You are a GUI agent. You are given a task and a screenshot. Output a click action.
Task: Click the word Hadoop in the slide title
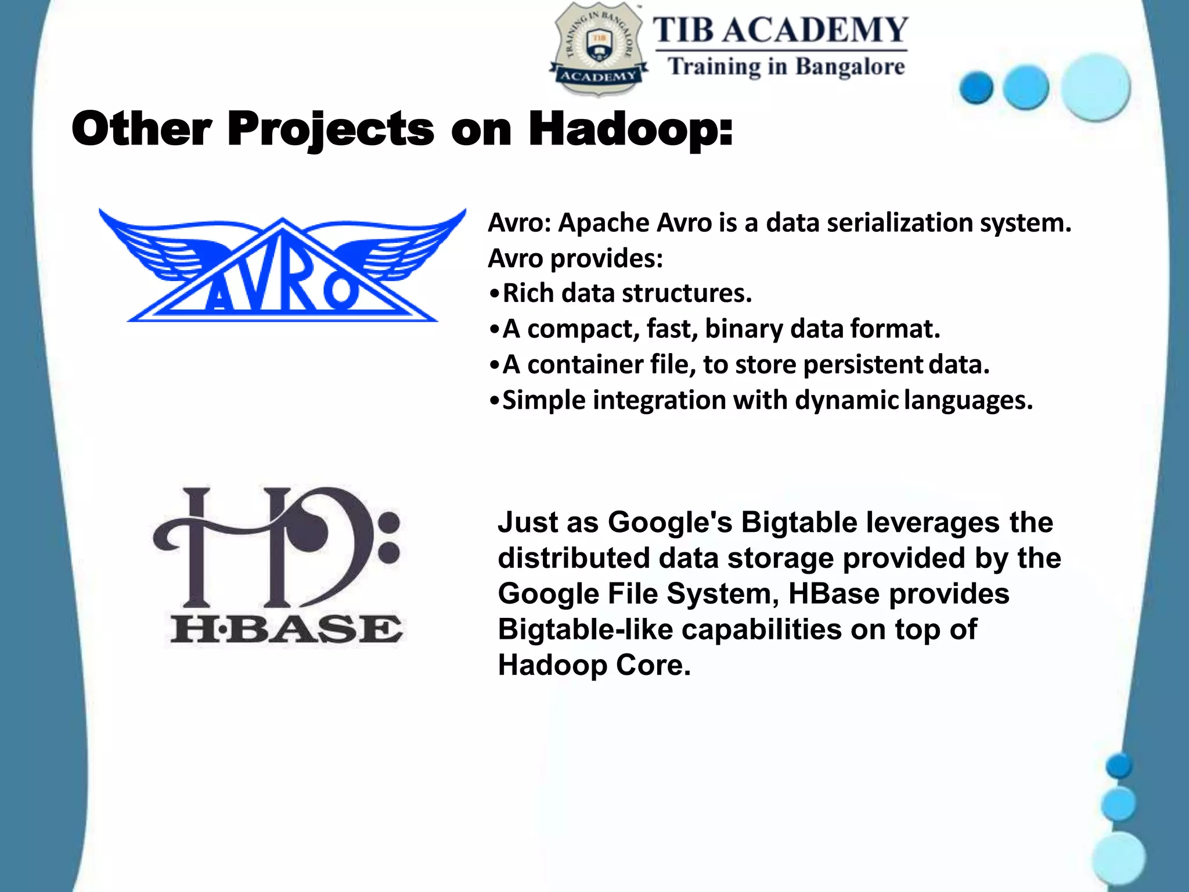(x=630, y=130)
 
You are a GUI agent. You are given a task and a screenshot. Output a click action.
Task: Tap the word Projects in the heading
(x=330, y=130)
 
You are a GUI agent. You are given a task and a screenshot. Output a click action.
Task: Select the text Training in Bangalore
(x=786, y=67)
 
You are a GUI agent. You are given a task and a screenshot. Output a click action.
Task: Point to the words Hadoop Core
(x=594, y=665)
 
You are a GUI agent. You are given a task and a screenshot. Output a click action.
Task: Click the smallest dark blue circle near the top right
(x=977, y=88)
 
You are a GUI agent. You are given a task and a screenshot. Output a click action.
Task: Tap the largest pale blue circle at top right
(x=1095, y=87)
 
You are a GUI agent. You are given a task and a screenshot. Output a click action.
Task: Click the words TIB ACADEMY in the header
(x=780, y=30)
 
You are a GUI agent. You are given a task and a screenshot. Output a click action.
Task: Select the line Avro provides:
(x=575, y=258)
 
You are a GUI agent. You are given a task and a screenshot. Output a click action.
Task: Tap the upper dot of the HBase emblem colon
(x=390, y=521)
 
